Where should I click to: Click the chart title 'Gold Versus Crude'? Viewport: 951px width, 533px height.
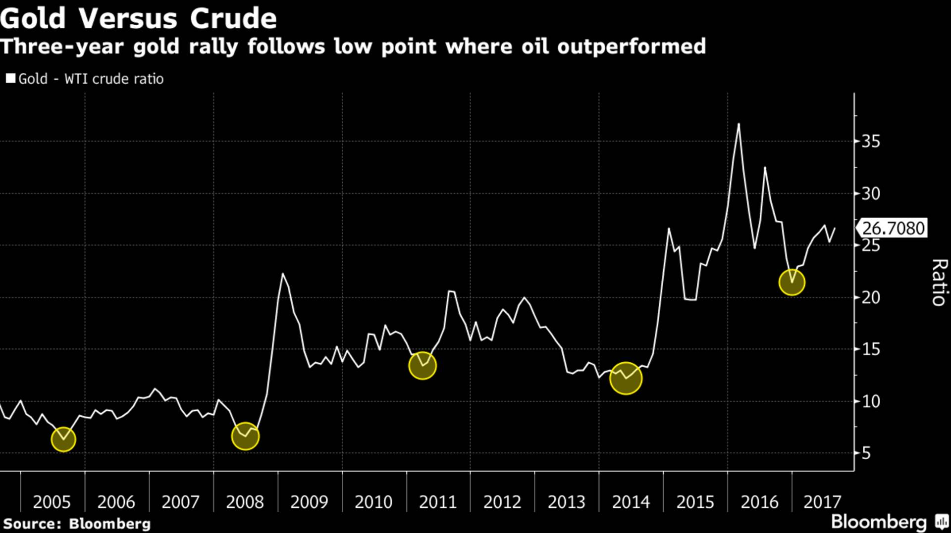[138, 18]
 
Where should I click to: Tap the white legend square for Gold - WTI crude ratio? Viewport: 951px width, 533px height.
[10, 79]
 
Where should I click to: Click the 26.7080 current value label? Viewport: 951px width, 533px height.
[893, 228]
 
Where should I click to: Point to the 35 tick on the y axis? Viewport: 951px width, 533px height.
[871, 142]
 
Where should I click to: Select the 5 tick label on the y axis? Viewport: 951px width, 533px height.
[866, 453]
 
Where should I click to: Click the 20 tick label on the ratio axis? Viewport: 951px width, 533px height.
[871, 297]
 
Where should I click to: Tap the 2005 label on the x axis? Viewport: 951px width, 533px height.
[52, 502]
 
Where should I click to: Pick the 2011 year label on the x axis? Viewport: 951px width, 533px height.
[438, 502]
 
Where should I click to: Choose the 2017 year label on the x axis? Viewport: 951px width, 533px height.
[822, 502]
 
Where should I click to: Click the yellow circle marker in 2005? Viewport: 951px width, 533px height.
[63, 439]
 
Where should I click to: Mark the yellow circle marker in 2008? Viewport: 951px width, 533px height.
[245, 436]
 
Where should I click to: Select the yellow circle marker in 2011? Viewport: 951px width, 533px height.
[423, 366]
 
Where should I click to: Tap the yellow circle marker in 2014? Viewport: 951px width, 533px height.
[626, 378]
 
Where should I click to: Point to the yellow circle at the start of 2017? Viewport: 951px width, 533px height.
[792, 282]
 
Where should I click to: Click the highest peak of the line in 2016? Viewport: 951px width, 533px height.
[739, 124]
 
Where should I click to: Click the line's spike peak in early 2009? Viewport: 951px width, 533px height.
[283, 274]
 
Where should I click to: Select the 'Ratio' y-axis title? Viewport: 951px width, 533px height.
[939, 283]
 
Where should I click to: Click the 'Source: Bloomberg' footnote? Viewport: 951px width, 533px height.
[77, 524]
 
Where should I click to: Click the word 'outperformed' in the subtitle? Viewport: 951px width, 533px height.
[632, 47]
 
